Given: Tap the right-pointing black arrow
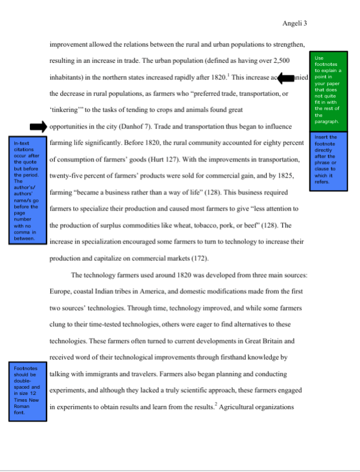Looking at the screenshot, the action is click(x=38, y=127).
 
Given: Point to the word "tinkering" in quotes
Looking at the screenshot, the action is click(x=65, y=111).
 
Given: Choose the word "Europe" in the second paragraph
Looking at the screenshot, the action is click(x=63, y=290).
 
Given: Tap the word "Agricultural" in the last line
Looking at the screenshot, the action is click(x=250, y=407).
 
